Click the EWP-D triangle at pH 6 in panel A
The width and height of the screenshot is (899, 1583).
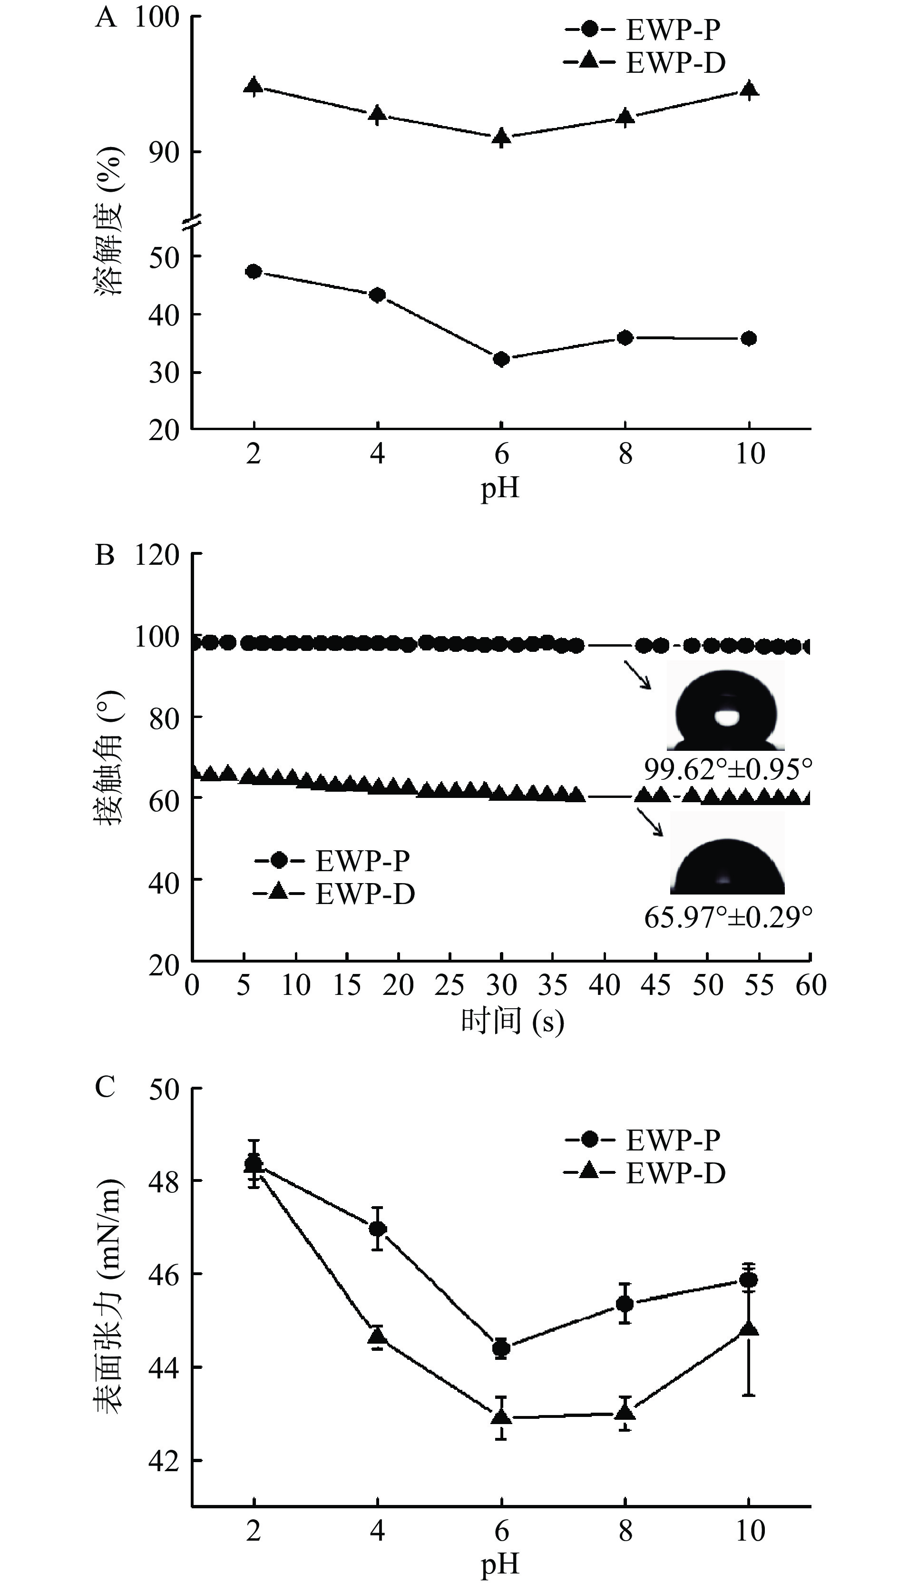(501, 136)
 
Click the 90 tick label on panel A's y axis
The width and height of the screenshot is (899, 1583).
(164, 152)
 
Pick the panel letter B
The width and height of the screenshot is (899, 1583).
(105, 555)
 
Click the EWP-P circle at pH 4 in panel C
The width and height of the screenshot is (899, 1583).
(377, 1229)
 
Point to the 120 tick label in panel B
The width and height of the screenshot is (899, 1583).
(157, 555)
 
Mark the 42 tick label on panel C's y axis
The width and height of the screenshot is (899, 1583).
(164, 1461)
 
